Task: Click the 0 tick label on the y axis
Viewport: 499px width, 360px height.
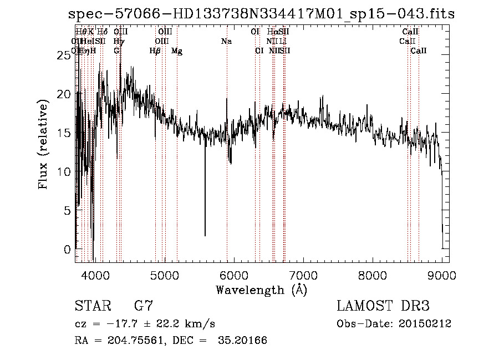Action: pos(68,250)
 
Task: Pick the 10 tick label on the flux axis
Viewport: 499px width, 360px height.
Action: pos(65,172)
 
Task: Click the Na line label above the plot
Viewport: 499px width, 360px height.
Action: pos(226,42)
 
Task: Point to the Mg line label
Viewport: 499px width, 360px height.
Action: pos(177,51)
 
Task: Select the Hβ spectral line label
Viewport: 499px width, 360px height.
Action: pos(155,51)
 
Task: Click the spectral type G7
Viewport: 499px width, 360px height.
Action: pos(143,306)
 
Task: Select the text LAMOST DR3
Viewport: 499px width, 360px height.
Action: pos(383,306)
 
